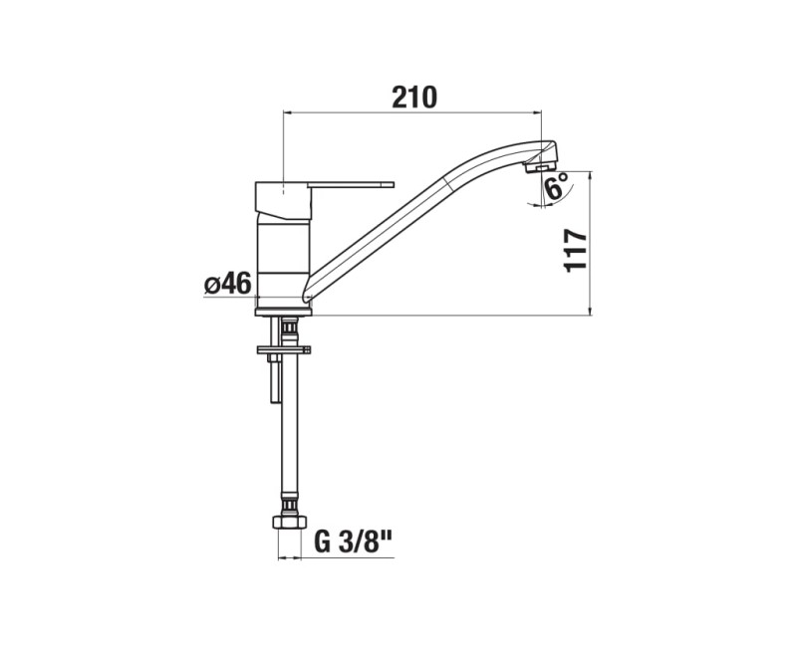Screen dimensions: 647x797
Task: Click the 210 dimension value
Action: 414,96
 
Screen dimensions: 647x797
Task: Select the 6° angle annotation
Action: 556,184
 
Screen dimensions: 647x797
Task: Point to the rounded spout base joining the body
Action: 309,291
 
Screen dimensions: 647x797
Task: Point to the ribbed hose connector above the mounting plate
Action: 288,327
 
